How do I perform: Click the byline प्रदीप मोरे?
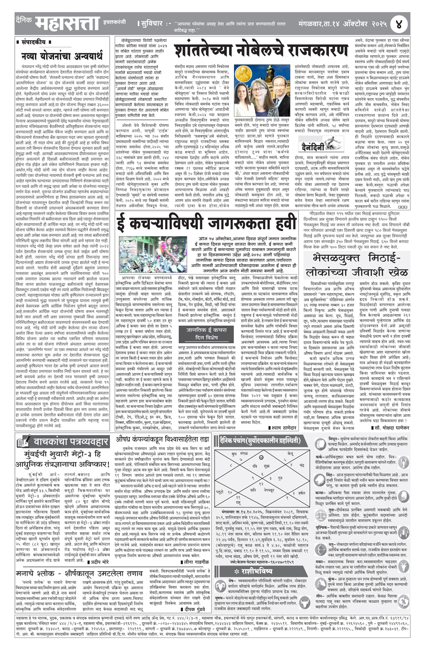(x=98, y=561)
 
